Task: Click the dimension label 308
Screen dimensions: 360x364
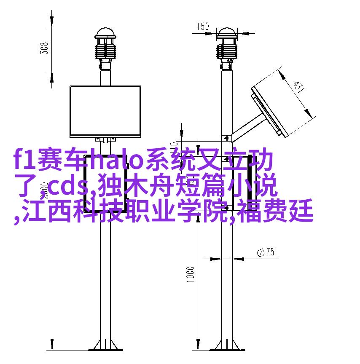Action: tap(44, 48)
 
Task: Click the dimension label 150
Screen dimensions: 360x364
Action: tap(203, 26)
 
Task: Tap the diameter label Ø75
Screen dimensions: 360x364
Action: tap(266, 252)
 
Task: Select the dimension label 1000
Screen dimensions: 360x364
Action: tap(190, 274)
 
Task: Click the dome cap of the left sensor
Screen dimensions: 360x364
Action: tap(105, 33)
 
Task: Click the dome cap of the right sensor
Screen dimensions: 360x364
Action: tap(227, 33)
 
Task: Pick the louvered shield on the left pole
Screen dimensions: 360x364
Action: tap(105, 51)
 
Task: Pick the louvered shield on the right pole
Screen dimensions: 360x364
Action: tap(227, 51)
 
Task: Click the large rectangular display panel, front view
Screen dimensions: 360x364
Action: tap(105, 111)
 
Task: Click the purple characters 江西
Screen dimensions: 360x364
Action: tap(46, 211)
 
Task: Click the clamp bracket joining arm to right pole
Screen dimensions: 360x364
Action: tap(226, 139)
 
